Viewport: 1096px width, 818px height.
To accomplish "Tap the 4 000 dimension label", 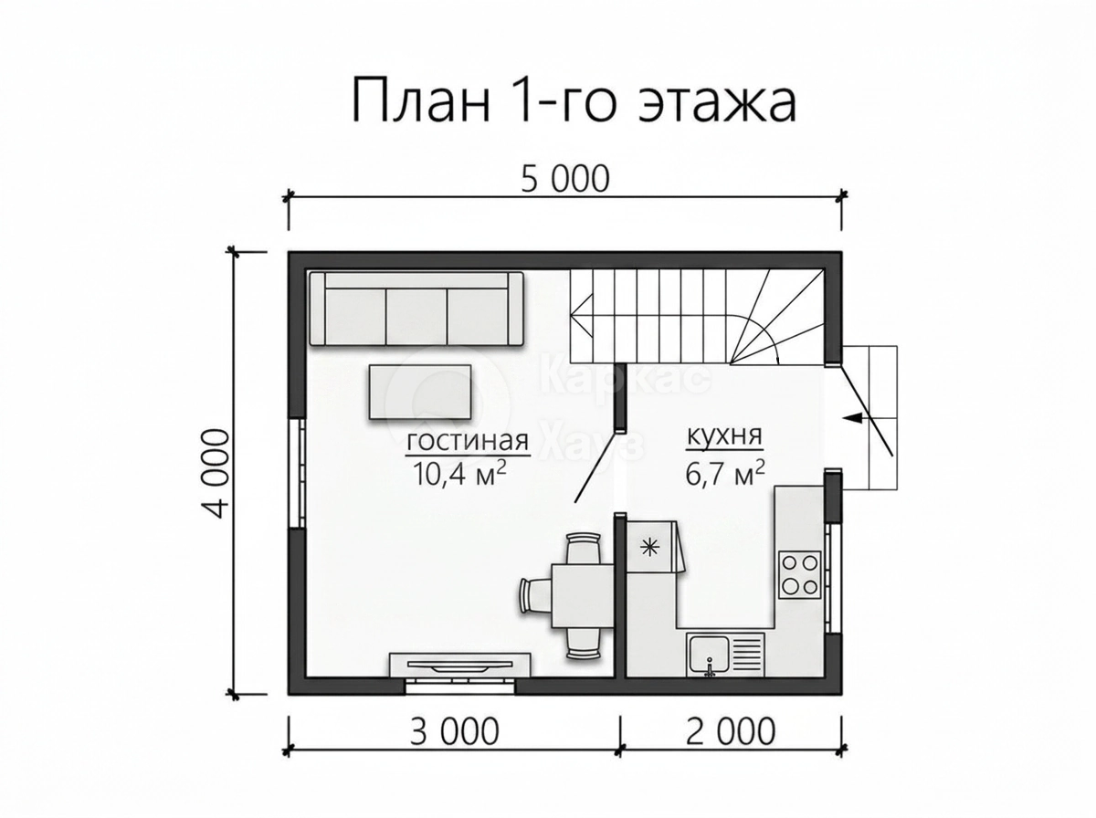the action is point(216,474).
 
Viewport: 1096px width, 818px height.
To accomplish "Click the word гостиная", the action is point(468,441).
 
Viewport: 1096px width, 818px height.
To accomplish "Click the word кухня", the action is point(725,435).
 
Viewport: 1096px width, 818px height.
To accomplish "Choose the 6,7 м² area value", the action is point(725,473).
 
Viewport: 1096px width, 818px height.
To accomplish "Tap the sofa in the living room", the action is point(416,309).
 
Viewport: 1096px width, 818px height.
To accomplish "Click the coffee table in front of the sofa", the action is point(420,392).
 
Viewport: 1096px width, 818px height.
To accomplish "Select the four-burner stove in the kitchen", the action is point(800,575).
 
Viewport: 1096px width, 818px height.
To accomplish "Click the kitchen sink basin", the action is point(710,655).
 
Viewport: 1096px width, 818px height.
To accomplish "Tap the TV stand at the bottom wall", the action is point(460,665).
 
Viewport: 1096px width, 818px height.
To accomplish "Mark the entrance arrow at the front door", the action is point(854,418).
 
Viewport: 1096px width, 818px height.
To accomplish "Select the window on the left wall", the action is point(297,473).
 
